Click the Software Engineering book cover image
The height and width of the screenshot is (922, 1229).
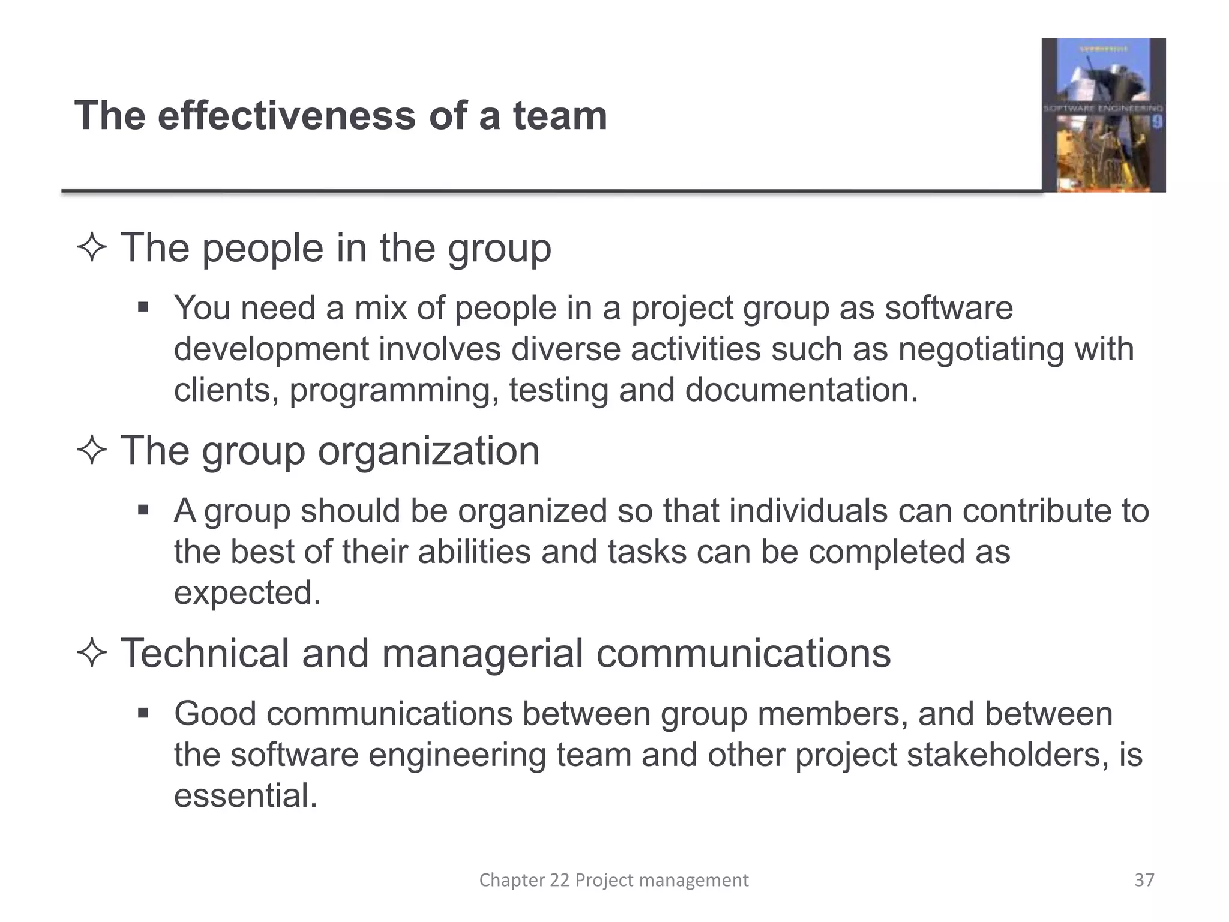1103,115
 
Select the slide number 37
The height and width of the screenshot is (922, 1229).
1144,880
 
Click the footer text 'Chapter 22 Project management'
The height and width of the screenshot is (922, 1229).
613,880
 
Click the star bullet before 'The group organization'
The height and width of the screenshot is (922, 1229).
92,451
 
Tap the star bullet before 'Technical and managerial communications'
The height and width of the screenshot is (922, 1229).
92,654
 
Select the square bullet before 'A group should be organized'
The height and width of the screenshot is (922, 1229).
143,511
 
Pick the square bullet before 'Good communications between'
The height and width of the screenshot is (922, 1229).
143,714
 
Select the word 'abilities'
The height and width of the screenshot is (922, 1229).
474,552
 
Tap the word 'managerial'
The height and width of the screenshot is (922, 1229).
482,653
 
